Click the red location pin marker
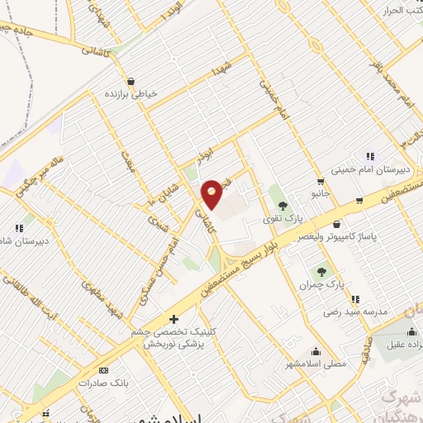pos(212,194)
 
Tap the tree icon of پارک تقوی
pos(283,206)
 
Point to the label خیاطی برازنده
pos(128,94)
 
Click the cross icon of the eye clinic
pos(173,319)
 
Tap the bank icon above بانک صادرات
pos(103,370)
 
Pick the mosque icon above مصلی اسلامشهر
pos(316,350)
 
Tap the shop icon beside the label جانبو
pos(320,182)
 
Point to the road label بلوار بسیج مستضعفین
pos(256,252)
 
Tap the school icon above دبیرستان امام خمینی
pos(370,155)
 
